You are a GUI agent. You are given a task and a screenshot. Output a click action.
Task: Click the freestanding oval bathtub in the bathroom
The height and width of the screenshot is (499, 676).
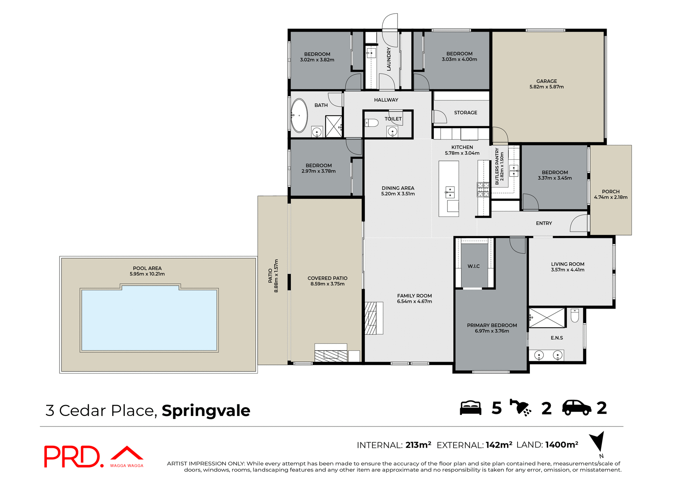(299, 115)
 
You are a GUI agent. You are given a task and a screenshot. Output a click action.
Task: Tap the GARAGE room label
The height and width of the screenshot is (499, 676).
(546, 81)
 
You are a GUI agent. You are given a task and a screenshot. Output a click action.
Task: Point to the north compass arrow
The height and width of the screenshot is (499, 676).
(598, 442)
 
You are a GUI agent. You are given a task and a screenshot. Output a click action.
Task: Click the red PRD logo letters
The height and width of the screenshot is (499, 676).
(72, 457)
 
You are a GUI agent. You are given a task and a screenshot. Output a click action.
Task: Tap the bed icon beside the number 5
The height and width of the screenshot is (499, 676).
(470, 408)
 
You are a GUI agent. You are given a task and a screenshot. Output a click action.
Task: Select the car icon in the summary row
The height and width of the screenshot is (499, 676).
(576, 408)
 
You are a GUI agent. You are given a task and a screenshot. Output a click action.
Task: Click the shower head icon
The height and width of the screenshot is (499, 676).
(520, 408)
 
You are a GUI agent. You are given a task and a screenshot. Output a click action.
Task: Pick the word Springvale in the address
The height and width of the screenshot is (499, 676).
(206, 411)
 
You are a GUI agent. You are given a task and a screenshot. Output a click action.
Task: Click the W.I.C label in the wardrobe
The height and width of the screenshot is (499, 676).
(474, 266)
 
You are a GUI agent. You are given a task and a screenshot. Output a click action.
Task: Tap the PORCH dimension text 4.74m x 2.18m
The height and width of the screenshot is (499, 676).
(611, 197)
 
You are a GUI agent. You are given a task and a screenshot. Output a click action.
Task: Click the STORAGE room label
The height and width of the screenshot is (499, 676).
(465, 113)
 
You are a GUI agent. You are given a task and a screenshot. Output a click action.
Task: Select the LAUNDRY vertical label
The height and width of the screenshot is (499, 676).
(389, 59)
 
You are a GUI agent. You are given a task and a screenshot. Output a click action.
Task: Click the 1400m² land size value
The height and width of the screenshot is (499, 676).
(562, 445)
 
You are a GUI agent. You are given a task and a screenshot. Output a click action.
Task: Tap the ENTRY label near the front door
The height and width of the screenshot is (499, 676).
(544, 223)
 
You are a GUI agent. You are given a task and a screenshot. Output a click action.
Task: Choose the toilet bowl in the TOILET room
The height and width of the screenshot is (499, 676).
(372, 123)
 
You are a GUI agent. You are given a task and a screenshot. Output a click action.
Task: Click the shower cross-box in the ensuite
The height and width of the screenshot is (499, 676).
(547, 318)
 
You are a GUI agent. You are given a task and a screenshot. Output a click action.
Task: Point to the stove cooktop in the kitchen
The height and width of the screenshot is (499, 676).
(483, 190)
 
